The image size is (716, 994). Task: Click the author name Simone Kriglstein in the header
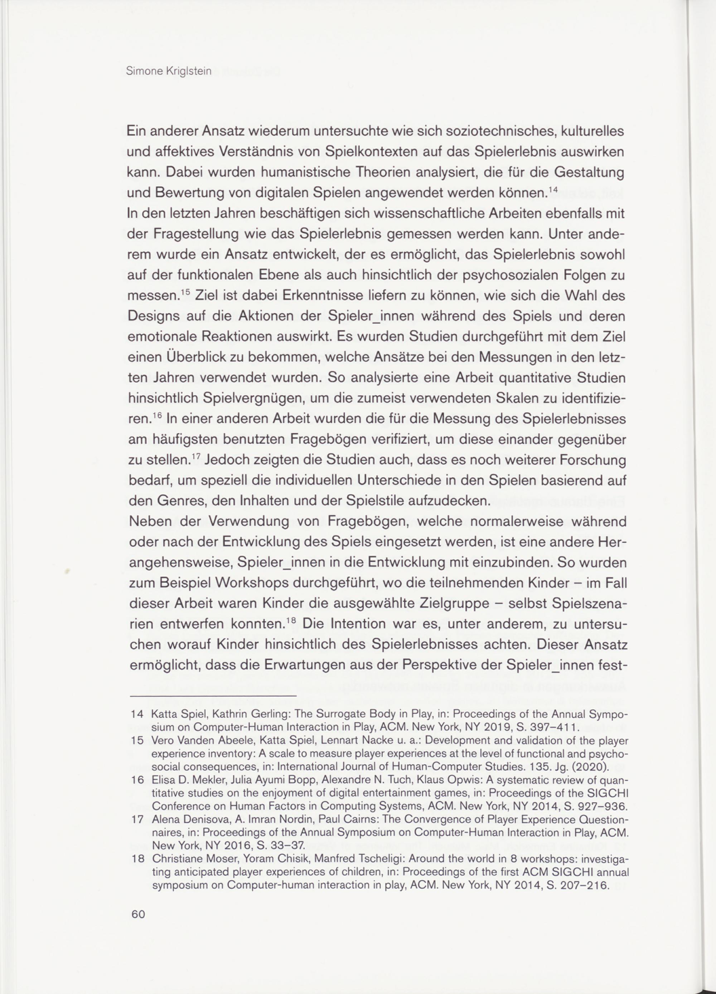pos(168,72)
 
